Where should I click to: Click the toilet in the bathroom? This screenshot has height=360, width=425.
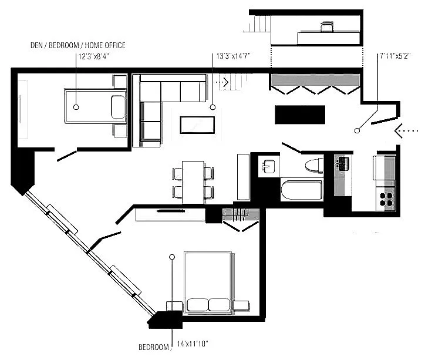click(x=315, y=166)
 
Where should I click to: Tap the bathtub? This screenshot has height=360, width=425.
click(x=302, y=190)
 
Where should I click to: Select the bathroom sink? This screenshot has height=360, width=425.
click(x=268, y=166)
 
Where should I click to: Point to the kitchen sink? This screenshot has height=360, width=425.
click(x=342, y=164)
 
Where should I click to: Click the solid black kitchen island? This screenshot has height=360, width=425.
click(x=300, y=115)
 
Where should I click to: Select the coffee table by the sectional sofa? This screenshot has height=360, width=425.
click(x=197, y=125)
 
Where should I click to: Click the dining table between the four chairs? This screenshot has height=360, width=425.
click(x=193, y=182)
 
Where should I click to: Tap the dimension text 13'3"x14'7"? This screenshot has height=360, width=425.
click(x=233, y=56)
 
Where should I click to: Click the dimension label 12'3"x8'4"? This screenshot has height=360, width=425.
click(x=93, y=56)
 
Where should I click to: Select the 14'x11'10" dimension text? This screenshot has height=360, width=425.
click(x=193, y=344)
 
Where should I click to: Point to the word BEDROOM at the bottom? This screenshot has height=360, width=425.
click(x=153, y=347)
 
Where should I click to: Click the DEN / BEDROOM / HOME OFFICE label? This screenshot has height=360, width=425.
click(x=78, y=45)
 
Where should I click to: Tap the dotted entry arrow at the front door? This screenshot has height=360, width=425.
click(x=406, y=130)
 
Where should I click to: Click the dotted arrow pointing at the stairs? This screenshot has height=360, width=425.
click(x=221, y=82)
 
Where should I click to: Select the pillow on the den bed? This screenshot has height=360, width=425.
click(x=118, y=107)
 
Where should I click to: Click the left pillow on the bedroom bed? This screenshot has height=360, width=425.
click(x=197, y=305)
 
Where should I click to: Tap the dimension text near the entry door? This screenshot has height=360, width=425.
click(x=395, y=56)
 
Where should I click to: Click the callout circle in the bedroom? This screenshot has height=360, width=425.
click(x=171, y=257)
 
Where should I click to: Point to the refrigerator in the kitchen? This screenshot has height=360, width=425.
click(x=384, y=167)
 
